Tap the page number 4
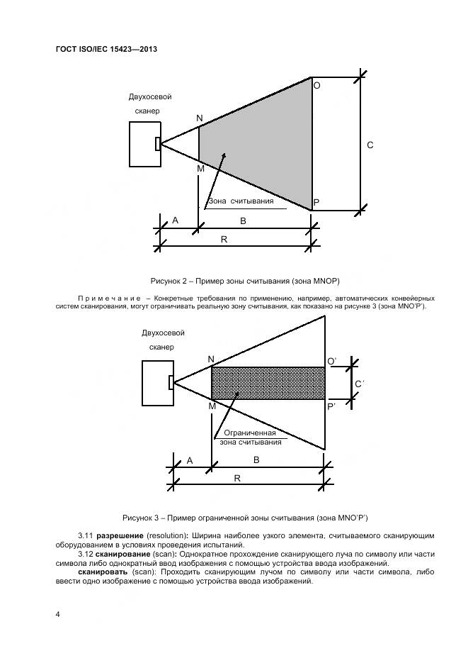tap(57, 614)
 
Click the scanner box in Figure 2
tap(143, 144)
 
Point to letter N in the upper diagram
tap(199, 118)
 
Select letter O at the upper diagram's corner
tap(316, 85)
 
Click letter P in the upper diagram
tap(316, 203)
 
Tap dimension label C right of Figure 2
tap(370, 145)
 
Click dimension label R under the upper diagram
tap(224, 240)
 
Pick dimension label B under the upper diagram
tap(243, 221)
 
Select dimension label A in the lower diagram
tap(190, 460)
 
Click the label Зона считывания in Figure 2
tap(241, 201)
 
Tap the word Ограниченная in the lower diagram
tap(249, 433)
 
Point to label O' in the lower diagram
tap(331, 362)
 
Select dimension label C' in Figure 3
tap(360, 384)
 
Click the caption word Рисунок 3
tap(142, 516)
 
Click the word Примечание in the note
tap(108, 299)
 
